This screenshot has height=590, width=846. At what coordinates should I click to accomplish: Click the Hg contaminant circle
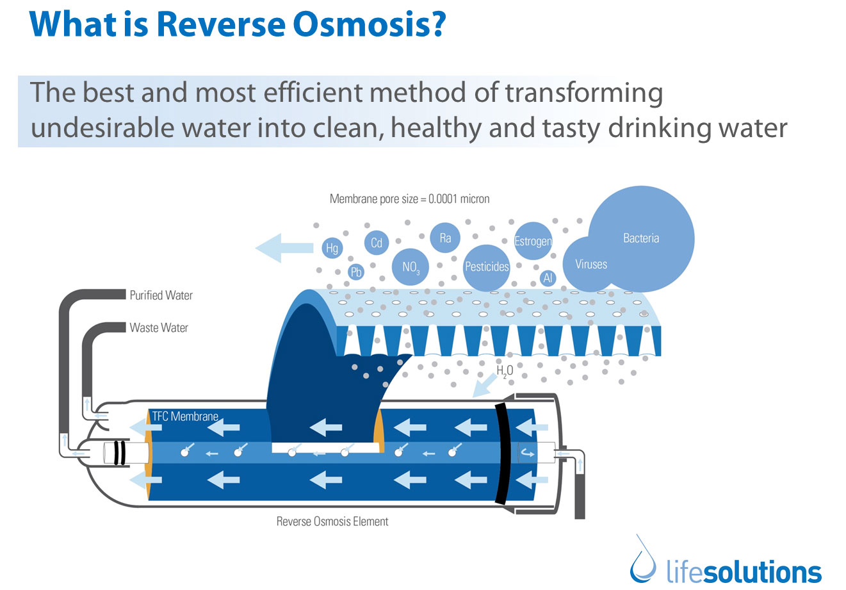332,248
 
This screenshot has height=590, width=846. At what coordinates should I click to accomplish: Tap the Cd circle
377,243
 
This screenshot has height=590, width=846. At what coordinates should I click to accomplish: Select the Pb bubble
356,272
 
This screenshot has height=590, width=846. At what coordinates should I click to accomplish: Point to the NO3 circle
411,266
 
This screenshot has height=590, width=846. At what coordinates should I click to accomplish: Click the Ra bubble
445,238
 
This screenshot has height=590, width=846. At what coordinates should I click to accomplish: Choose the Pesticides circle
487,266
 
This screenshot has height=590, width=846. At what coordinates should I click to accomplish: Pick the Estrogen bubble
533,241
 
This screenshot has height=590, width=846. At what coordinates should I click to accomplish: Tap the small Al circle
548,278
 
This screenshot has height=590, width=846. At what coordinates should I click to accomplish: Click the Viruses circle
590,264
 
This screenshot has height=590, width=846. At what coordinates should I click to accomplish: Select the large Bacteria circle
641,238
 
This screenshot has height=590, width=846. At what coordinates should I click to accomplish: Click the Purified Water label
161,295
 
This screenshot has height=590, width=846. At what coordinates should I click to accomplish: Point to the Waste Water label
159,328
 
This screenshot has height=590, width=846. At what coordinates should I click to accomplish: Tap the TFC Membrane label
185,416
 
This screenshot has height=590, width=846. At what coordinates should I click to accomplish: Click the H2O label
505,370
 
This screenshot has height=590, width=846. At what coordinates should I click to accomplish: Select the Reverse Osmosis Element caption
332,521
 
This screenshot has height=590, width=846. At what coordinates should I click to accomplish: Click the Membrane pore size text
409,199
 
